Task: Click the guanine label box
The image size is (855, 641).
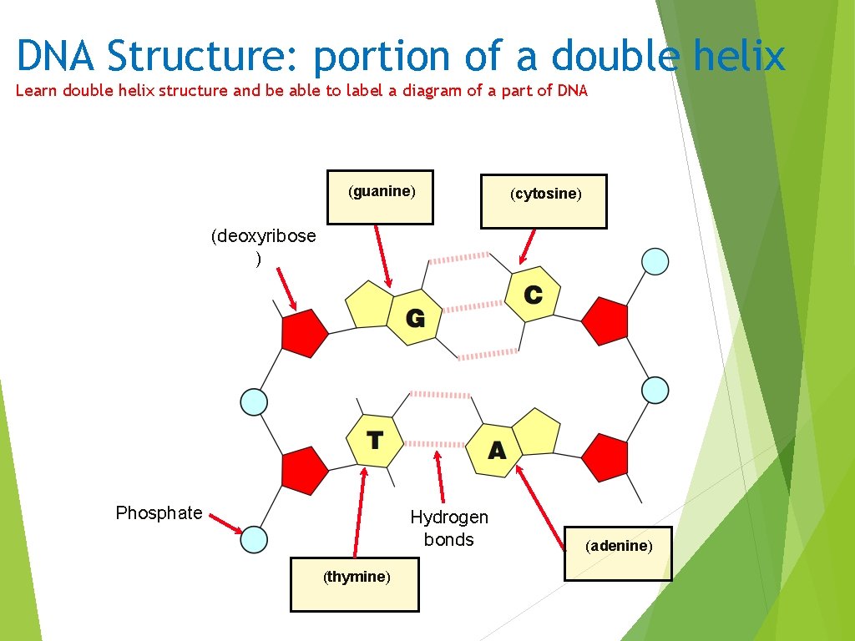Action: tap(380, 198)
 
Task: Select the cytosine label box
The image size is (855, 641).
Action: tap(544, 201)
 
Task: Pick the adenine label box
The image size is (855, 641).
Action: tap(617, 553)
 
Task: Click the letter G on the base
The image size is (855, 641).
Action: tap(415, 318)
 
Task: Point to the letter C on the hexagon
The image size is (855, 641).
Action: tap(533, 295)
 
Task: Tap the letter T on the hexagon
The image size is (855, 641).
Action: tap(375, 440)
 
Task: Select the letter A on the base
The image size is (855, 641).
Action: tap(497, 452)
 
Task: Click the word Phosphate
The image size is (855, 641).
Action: tap(159, 512)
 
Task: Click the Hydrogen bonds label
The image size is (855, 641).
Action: tap(448, 528)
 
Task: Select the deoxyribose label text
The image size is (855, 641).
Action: tap(263, 236)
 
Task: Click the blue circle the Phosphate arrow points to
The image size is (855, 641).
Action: tap(254, 539)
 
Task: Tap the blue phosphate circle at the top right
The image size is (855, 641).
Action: tap(655, 261)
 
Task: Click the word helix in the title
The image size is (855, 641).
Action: tap(739, 57)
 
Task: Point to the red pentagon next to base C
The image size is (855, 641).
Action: tap(605, 321)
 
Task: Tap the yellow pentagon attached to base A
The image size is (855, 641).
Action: tap(535, 432)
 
